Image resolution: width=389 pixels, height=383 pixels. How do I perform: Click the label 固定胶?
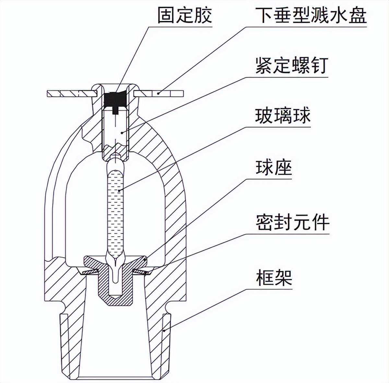point(185,15)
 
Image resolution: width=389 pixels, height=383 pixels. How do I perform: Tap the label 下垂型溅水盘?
point(311,15)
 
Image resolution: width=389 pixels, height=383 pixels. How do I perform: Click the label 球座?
point(274,167)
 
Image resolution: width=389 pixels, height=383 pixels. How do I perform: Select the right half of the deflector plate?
point(159,93)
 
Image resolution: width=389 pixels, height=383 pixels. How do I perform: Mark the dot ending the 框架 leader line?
point(164,330)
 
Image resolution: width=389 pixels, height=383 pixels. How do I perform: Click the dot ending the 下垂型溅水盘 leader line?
point(159,93)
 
